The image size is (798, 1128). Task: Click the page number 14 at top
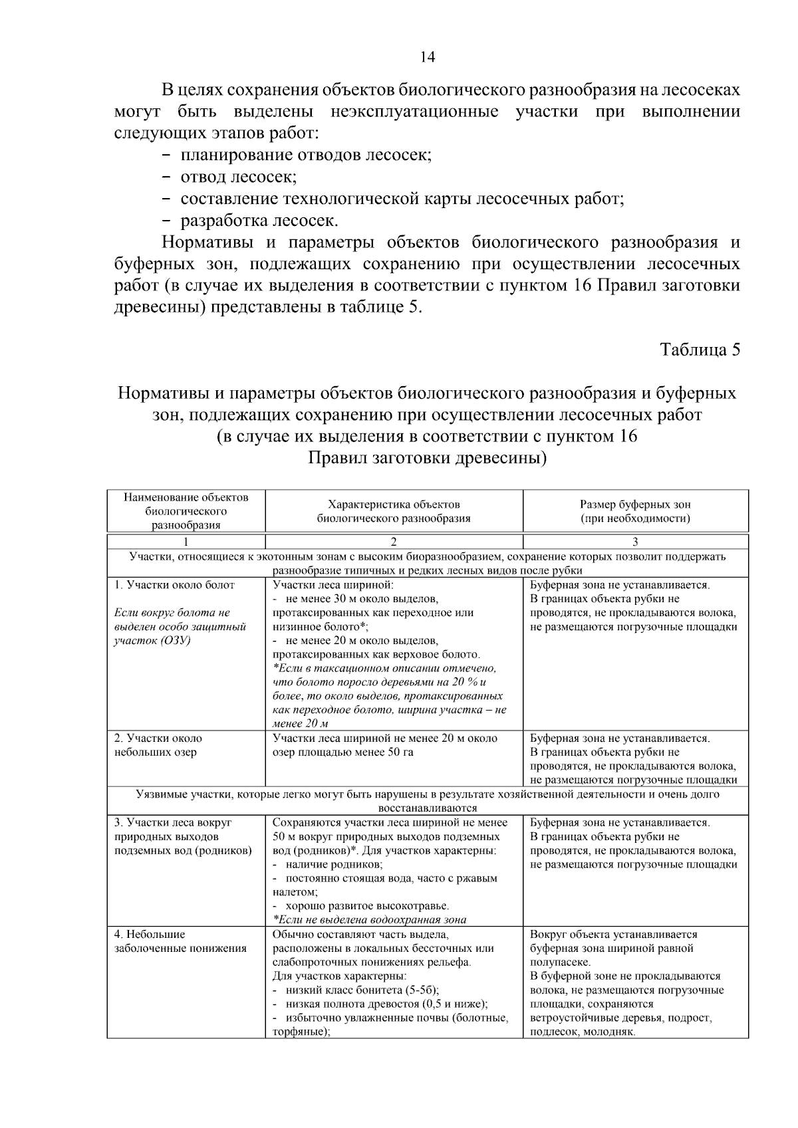tap(428, 57)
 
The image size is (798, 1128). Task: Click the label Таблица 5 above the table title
tap(699, 350)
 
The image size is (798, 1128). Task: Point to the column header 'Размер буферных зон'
tap(635, 505)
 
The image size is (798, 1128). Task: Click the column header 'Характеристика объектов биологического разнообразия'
tap(394, 511)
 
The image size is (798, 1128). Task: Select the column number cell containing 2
tap(394, 541)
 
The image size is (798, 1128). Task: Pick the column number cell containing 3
tap(635, 541)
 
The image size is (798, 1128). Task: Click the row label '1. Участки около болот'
tap(175, 585)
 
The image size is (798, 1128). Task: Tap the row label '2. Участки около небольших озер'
tap(158, 745)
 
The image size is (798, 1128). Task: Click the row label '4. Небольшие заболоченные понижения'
tap(180, 941)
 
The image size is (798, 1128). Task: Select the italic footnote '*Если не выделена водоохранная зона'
tap(369, 920)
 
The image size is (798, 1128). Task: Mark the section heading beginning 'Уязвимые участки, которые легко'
tap(428, 794)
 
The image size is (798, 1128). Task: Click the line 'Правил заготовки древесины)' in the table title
tap(428, 459)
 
